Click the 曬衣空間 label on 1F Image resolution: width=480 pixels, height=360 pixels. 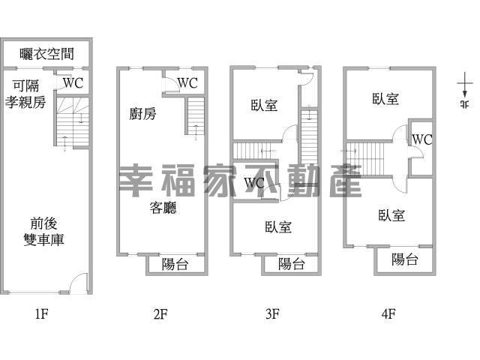pos(46,53)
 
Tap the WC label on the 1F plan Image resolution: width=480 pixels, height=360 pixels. pos(73,83)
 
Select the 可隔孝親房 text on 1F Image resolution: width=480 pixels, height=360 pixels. pos(25,94)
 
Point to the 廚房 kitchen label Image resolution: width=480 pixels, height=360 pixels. pos(142,114)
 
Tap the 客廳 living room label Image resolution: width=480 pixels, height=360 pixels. pos(163,208)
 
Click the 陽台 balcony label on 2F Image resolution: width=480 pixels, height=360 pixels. pos(175,264)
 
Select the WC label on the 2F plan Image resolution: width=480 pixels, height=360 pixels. pos(187,82)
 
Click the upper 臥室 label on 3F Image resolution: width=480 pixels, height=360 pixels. pos(264,106)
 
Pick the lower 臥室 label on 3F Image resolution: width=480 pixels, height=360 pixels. pos(278,226)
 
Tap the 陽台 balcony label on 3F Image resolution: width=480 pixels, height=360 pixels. pos(291,264)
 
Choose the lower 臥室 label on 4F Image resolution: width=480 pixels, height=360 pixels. pos(391,216)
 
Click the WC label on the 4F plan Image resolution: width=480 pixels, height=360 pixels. pos(422,139)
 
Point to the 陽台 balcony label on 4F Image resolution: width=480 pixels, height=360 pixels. pos(405,260)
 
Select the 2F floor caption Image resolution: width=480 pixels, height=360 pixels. pos(159,315)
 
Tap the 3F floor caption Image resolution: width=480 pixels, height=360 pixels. pos(273,315)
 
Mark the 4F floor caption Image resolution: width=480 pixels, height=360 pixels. pos(388,315)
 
